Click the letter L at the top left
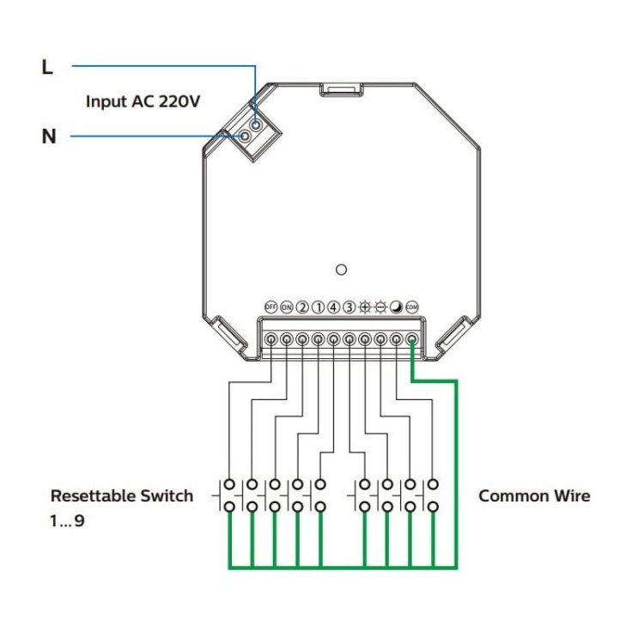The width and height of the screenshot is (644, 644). coord(48,67)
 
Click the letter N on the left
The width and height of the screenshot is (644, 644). coord(49,137)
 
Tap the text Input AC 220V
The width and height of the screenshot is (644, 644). coord(143,101)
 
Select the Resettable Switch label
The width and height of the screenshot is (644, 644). coord(122,495)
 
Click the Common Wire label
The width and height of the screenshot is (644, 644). coord(534,495)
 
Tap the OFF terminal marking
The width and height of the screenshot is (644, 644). coord(270,307)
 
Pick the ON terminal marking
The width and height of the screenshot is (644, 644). coord(286,307)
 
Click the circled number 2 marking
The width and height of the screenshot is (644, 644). coord(302,307)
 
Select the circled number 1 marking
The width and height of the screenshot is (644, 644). coord(318,307)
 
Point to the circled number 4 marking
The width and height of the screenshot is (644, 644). coord(333,307)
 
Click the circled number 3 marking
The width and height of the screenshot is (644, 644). coord(349,307)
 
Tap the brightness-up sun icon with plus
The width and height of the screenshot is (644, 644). coord(365,307)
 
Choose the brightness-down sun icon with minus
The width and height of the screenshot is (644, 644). coord(380,307)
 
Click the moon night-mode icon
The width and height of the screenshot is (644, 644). coord(396,307)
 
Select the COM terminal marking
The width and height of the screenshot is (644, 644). coord(412,307)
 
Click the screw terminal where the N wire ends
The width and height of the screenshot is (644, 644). coord(246,135)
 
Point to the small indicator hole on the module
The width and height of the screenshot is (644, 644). coord(341,270)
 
